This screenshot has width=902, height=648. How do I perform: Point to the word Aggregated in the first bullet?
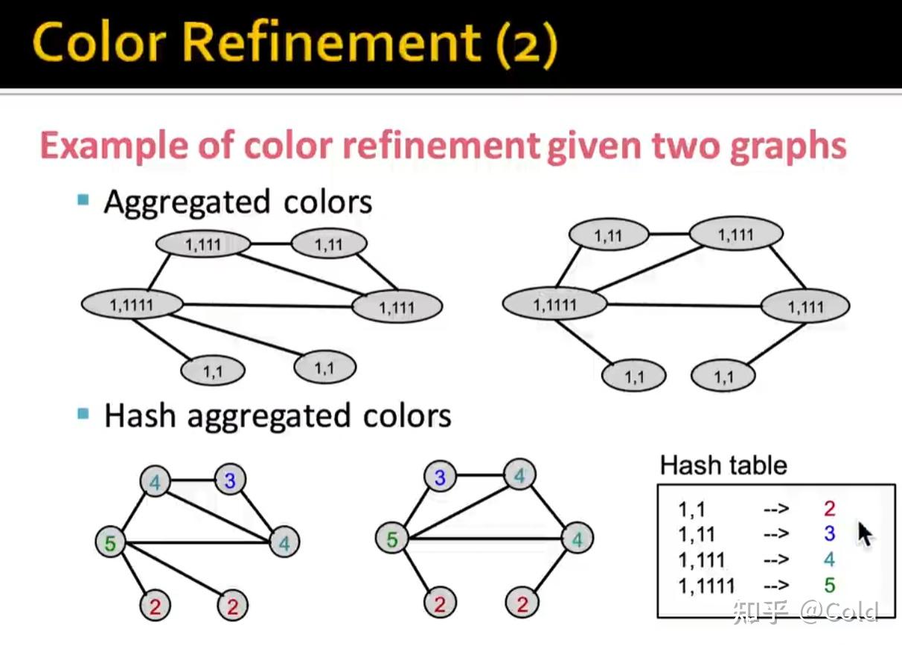186,202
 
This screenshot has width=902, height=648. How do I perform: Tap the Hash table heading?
723,466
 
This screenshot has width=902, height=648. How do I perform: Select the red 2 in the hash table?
829,509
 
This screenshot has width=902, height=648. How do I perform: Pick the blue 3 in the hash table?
829,533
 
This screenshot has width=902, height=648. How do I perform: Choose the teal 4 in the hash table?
829,559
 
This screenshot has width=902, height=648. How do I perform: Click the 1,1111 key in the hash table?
706,586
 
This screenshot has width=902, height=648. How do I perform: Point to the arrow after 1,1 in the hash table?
775,510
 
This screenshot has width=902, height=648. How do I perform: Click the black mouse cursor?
865,534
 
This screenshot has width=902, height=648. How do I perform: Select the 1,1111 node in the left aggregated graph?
132,304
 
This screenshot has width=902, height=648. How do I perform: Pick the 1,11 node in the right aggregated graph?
608,236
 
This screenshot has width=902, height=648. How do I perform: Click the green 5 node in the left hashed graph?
110,543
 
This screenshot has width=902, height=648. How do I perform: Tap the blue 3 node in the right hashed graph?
439,478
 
